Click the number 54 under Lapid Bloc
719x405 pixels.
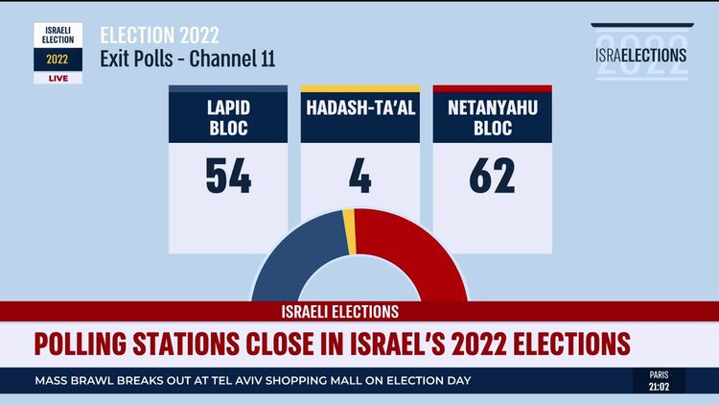228,176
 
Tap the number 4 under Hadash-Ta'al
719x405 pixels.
360,176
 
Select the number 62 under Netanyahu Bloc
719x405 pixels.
492,176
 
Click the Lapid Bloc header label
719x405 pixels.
228,118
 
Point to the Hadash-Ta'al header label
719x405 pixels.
360,108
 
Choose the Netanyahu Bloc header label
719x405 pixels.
492,118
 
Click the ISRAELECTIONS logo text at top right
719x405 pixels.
641,55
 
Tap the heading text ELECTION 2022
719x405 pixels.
160,36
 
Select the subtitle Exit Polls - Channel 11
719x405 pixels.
188,59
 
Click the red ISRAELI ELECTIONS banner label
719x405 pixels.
339,312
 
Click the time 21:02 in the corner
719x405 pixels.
659,387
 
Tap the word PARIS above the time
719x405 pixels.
659,374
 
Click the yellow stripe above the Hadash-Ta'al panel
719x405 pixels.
360,89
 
